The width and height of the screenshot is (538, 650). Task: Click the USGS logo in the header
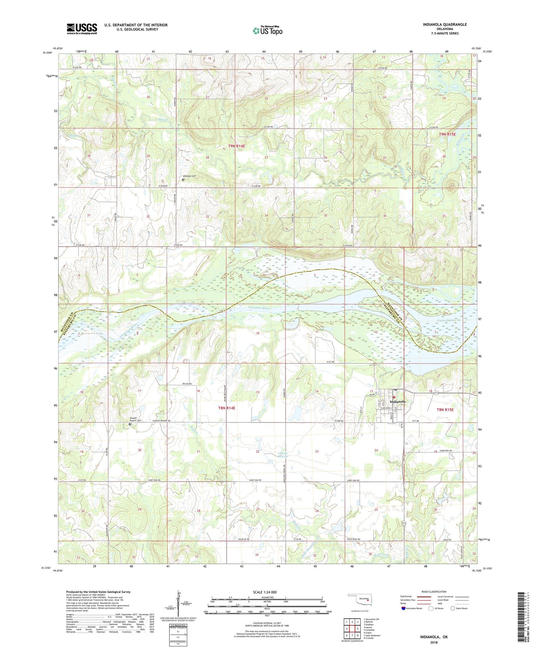(82, 29)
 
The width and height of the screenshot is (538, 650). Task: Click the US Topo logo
(267, 31)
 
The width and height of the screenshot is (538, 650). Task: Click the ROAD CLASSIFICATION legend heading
(434, 592)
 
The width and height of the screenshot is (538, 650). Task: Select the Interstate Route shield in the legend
(403, 608)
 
